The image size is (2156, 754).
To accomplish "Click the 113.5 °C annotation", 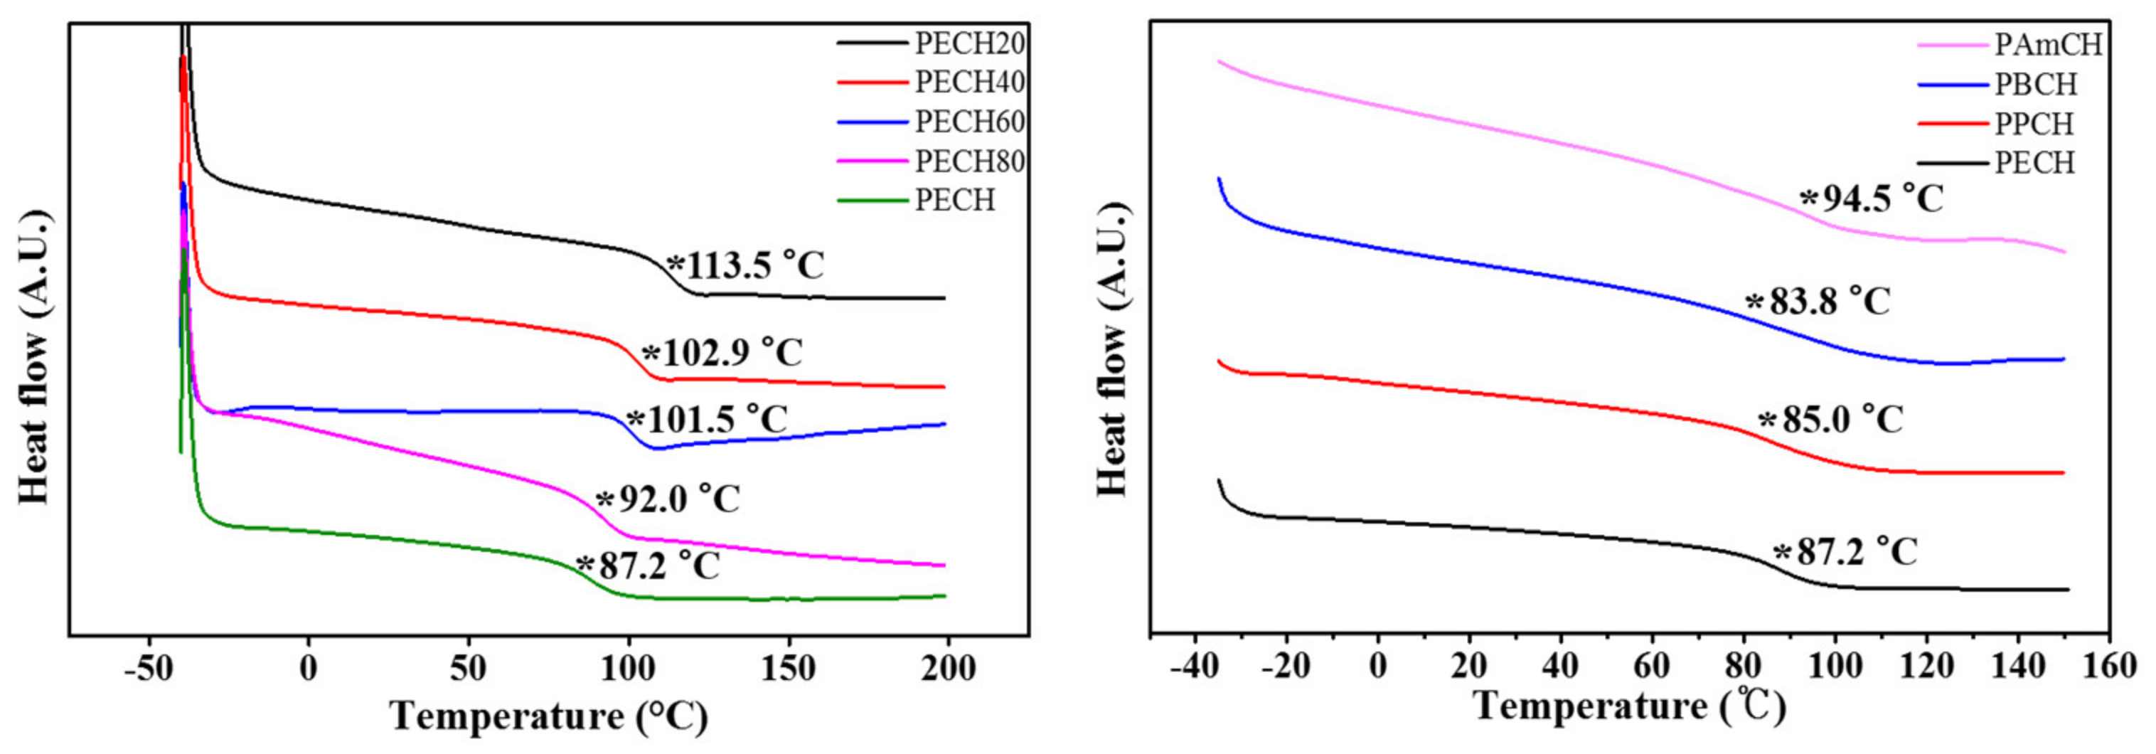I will (x=745, y=266).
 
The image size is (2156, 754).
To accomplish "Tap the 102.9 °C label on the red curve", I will (x=722, y=352).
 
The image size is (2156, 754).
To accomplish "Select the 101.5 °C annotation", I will (x=708, y=419).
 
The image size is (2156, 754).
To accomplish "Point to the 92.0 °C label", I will (x=668, y=499).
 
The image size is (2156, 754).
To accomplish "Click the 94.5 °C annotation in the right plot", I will (x=1872, y=199).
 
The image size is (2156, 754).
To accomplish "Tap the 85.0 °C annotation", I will (x=1830, y=419).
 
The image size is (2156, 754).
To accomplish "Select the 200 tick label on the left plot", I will (x=947, y=669).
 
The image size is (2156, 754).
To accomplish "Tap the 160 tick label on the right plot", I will (x=2110, y=667).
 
